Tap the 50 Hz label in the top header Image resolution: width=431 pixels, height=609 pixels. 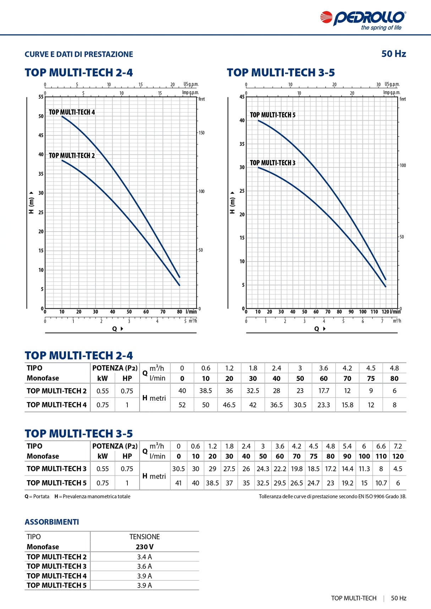point(394,54)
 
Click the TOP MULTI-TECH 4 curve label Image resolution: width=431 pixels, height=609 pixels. point(72,112)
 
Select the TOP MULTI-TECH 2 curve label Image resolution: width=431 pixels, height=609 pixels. point(72,155)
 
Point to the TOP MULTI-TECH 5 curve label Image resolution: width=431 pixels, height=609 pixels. point(273,115)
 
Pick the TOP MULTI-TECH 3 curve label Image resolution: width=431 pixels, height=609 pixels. point(273,163)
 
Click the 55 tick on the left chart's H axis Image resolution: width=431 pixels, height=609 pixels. point(41,97)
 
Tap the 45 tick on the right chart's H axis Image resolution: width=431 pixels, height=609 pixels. point(242,97)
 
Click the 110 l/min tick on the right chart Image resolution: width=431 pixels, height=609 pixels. point(374,312)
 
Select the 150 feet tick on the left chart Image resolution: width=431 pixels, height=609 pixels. point(201,133)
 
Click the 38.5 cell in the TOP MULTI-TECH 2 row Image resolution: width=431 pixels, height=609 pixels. point(206,391)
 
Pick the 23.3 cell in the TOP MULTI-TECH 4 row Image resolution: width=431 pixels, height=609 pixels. point(323,405)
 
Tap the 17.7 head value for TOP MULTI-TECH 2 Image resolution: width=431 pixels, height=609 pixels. point(323,391)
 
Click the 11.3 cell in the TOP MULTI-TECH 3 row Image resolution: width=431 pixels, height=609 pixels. point(364,469)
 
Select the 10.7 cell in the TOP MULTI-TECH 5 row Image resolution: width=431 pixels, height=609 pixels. point(381,483)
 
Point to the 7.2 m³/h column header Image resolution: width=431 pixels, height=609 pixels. point(398,446)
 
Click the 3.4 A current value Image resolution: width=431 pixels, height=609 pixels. point(144,557)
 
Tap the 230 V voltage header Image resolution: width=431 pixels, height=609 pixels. point(144,547)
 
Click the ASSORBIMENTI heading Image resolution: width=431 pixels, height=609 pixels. point(52,522)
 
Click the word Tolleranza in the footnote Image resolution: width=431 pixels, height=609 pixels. point(270,496)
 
